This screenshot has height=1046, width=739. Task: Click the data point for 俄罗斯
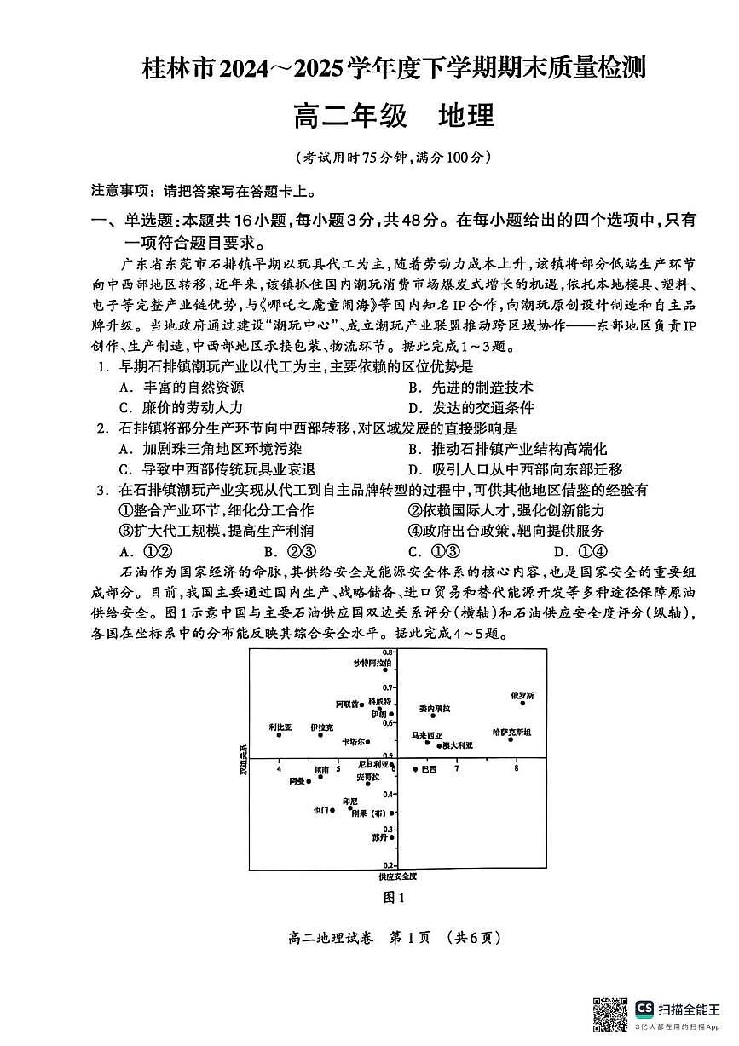(522, 703)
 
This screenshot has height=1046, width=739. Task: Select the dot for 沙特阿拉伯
(384, 670)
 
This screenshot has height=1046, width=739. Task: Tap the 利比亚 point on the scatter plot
(279, 734)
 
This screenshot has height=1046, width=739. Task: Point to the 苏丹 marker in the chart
(391, 837)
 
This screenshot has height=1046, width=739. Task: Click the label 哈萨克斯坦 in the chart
(512, 732)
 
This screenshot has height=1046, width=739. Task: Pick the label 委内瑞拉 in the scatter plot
(435, 708)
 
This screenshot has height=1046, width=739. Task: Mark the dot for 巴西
(415, 769)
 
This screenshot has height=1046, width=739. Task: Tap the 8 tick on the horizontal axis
(517, 768)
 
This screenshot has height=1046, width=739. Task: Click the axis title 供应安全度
(397, 876)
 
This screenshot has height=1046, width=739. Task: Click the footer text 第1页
(412, 939)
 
